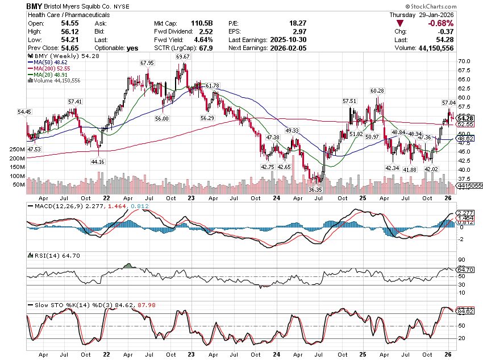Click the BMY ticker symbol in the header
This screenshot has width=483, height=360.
[x=35, y=6]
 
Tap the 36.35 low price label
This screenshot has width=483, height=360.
[x=315, y=189]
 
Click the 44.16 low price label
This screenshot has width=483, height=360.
[x=99, y=162]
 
